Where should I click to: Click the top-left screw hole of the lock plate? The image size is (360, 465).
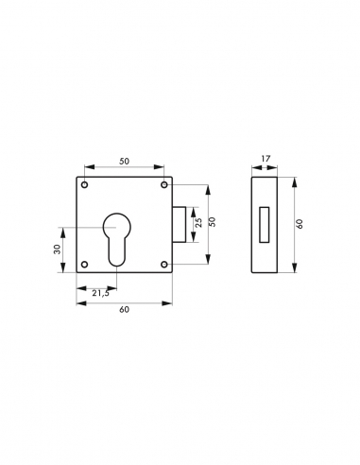tap(84, 185)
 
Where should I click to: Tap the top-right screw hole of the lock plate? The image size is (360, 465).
tap(163, 185)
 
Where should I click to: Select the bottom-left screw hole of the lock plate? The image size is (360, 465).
tap(84, 265)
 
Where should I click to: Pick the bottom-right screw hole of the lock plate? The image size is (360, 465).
tap(163, 265)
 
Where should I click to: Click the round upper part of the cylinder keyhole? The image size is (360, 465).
tap(117, 225)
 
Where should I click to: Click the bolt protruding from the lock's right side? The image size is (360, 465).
tap(180, 225)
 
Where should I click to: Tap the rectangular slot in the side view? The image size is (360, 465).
tap(265, 225)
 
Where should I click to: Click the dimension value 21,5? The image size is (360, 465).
tap(100, 294)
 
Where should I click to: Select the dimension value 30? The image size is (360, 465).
tap(58, 250)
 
